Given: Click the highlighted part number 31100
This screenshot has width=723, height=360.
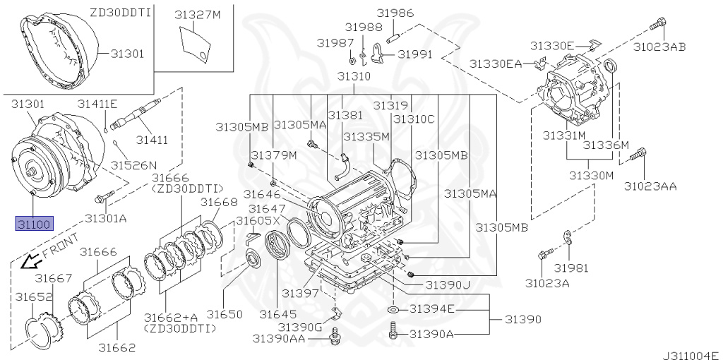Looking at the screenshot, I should pyautogui.click(x=33, y=224).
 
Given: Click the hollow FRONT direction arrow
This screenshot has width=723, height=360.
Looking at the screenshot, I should pyautogui.click(x=30, y=262).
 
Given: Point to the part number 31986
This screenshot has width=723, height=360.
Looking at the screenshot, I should pyautogui.click(x=395, y=13).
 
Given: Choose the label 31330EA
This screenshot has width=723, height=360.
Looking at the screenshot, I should pyautogui.click(x=496, y=64).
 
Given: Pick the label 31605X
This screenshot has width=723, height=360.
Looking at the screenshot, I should pyautogui.click(x=258, y=221).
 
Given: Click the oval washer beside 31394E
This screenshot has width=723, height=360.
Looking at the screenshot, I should pyautogui.click(x=394, y=309).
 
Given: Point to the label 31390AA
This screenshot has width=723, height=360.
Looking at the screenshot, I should pyautogui.click(x=280, y=340).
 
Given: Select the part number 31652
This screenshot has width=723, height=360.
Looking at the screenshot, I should pyautogui.click(x=35, y=297).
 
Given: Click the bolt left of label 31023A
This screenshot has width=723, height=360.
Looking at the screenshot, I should pyautogui.click(x=543, y=256).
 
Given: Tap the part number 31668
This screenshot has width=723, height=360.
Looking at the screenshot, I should pyautogui.click(x=217, y=203).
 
